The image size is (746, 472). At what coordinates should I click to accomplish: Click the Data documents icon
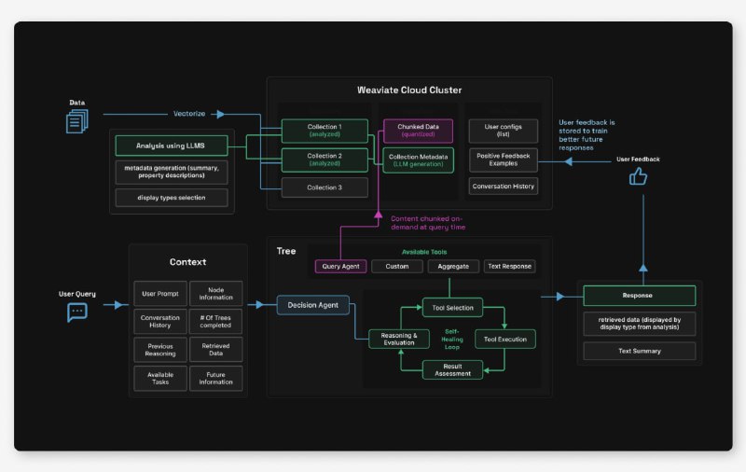[77, 120]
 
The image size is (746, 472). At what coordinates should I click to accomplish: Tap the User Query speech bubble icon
[77, 312]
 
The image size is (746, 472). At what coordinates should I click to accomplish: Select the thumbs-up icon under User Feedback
[638, 175]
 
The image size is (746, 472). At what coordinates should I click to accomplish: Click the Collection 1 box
[325, 131]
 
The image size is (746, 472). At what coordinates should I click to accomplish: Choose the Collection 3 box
[325, 187]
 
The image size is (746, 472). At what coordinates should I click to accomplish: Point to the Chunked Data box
[418, 131]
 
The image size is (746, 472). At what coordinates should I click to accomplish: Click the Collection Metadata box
[418, 160]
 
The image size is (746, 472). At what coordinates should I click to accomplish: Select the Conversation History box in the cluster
[504, 186]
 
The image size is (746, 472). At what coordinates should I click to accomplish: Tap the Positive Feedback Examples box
[504, 160]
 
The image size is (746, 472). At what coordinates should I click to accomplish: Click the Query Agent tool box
[340, 267]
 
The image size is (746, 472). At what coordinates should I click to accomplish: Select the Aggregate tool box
[453, 267]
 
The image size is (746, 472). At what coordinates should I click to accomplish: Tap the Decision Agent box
[313, 304]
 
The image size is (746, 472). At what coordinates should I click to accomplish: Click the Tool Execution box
[505, 339]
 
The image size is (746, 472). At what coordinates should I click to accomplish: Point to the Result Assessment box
[453, 369]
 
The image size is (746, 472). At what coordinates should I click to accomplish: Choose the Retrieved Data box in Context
[215, 350]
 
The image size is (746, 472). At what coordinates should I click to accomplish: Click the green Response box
[639, 296]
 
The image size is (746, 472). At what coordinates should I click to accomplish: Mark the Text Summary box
[639, 351]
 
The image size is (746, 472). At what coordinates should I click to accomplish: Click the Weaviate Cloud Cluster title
[408, 90]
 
